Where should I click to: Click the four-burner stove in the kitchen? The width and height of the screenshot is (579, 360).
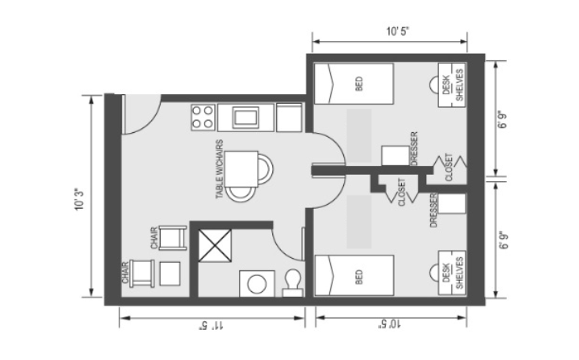click(203, 117)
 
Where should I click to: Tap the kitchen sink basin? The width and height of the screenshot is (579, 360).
click(245, 117)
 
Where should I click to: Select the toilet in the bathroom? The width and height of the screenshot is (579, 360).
click(293, 282)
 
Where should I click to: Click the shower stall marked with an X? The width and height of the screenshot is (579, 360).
click(215, 245)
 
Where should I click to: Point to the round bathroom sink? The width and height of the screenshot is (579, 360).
click(257, 284)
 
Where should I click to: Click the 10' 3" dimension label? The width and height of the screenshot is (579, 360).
click(80, 199)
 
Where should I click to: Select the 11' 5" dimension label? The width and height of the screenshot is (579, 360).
click(211, 326)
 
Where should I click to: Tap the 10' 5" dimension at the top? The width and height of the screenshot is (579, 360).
click(398, 32)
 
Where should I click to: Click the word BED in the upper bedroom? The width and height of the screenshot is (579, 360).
click(359, 83)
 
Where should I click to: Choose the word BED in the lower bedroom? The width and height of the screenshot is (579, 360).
click(359, 277)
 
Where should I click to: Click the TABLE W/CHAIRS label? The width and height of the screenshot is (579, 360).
click(220, 169)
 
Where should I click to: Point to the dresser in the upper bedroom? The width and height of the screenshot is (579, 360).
click(395, 155)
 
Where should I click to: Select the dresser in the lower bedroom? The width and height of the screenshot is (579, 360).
click(452, 203)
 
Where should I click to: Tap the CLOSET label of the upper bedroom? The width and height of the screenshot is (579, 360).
click(449, 167)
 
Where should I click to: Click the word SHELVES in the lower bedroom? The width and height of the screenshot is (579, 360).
click(460, 273)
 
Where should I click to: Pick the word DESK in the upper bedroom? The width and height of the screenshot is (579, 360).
click(446, 85)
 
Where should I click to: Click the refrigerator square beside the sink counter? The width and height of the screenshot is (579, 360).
click(289, 117)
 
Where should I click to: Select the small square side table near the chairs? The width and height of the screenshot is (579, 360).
click(170, 274)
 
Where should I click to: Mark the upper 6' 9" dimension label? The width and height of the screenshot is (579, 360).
click(502, 119)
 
